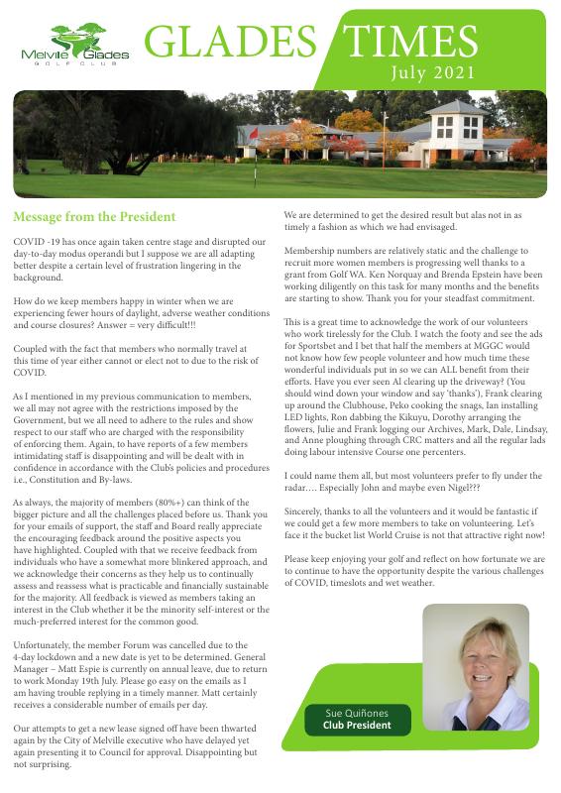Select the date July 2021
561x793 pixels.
[x=433, y=73]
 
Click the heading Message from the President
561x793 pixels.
[x=94, y=216]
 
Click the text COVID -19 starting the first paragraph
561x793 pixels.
[x=36, y=242]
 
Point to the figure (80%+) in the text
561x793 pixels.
[x=176, y=504]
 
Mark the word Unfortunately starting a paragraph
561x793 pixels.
[x=45, y=644]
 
